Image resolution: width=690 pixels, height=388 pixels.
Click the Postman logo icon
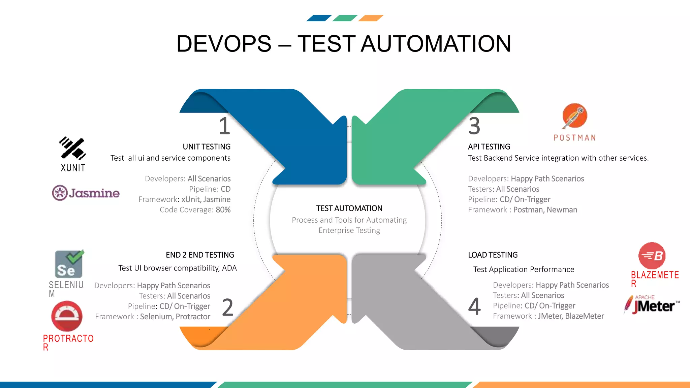pyautogui.click(x=575, y=116)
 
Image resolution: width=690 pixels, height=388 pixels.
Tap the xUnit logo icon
pyautogui.click(x=72, y=148)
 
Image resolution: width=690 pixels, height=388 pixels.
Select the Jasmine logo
pyautogui.click(x=86, y=193)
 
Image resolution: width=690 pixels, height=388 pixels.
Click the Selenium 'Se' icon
pyautogui.click(x=69, y=264)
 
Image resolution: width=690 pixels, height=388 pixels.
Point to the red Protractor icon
pyautogui.click(x=67, y=316)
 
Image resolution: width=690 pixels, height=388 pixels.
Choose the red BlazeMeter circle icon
pyautogui.click(x=652, y=256)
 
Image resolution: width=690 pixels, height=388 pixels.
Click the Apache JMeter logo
pyautogui.click(x=652, y=305)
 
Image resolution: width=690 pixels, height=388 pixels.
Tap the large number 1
pyautogui.click(x=224, y=126)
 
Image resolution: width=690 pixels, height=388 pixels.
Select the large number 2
pyautogui.click(x=228, y=307)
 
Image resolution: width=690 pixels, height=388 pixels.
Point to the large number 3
pyautogui.click(x=474, y=126)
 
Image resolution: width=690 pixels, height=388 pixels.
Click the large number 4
pyautogui.click(x=474, y=306)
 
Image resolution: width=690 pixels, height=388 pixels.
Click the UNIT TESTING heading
pyautogui.click(x=207, y=147)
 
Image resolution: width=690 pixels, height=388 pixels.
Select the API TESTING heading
pyautogui.click(x=489, y=147)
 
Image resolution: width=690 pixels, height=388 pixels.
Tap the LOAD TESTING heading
pyautogui.click(x=493, y=255)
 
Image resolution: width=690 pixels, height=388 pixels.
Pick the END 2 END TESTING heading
pyautogui.click(x=200, y=255)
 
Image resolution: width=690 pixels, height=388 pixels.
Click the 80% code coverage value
pyautogui.click(x=223, y=210)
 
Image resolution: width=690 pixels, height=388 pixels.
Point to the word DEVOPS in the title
pyautogui.click(x=224, y=44)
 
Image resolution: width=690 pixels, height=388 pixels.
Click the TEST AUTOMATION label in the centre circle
pyautogui.click(x=349, y=208)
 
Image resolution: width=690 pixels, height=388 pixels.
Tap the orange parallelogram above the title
pyautogui.click(x=371, y=18)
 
